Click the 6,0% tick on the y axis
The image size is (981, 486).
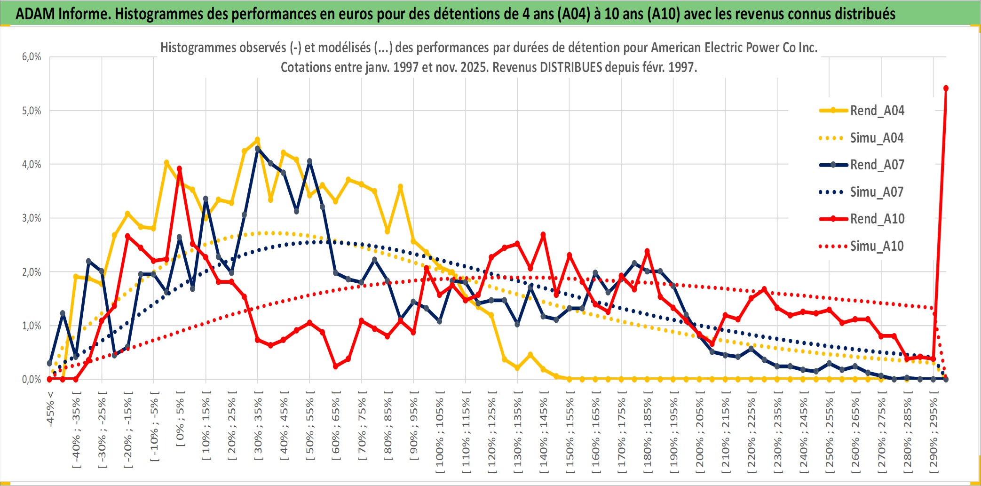[32, 57]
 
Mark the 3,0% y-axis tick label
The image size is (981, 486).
[32, 218]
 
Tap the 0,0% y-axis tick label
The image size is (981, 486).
[32, 379]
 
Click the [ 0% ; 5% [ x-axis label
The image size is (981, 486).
[181, 419]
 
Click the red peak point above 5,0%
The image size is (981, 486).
[946, 88]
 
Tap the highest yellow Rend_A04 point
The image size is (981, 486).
[257, 140]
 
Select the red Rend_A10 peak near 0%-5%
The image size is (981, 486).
[179, 168]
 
